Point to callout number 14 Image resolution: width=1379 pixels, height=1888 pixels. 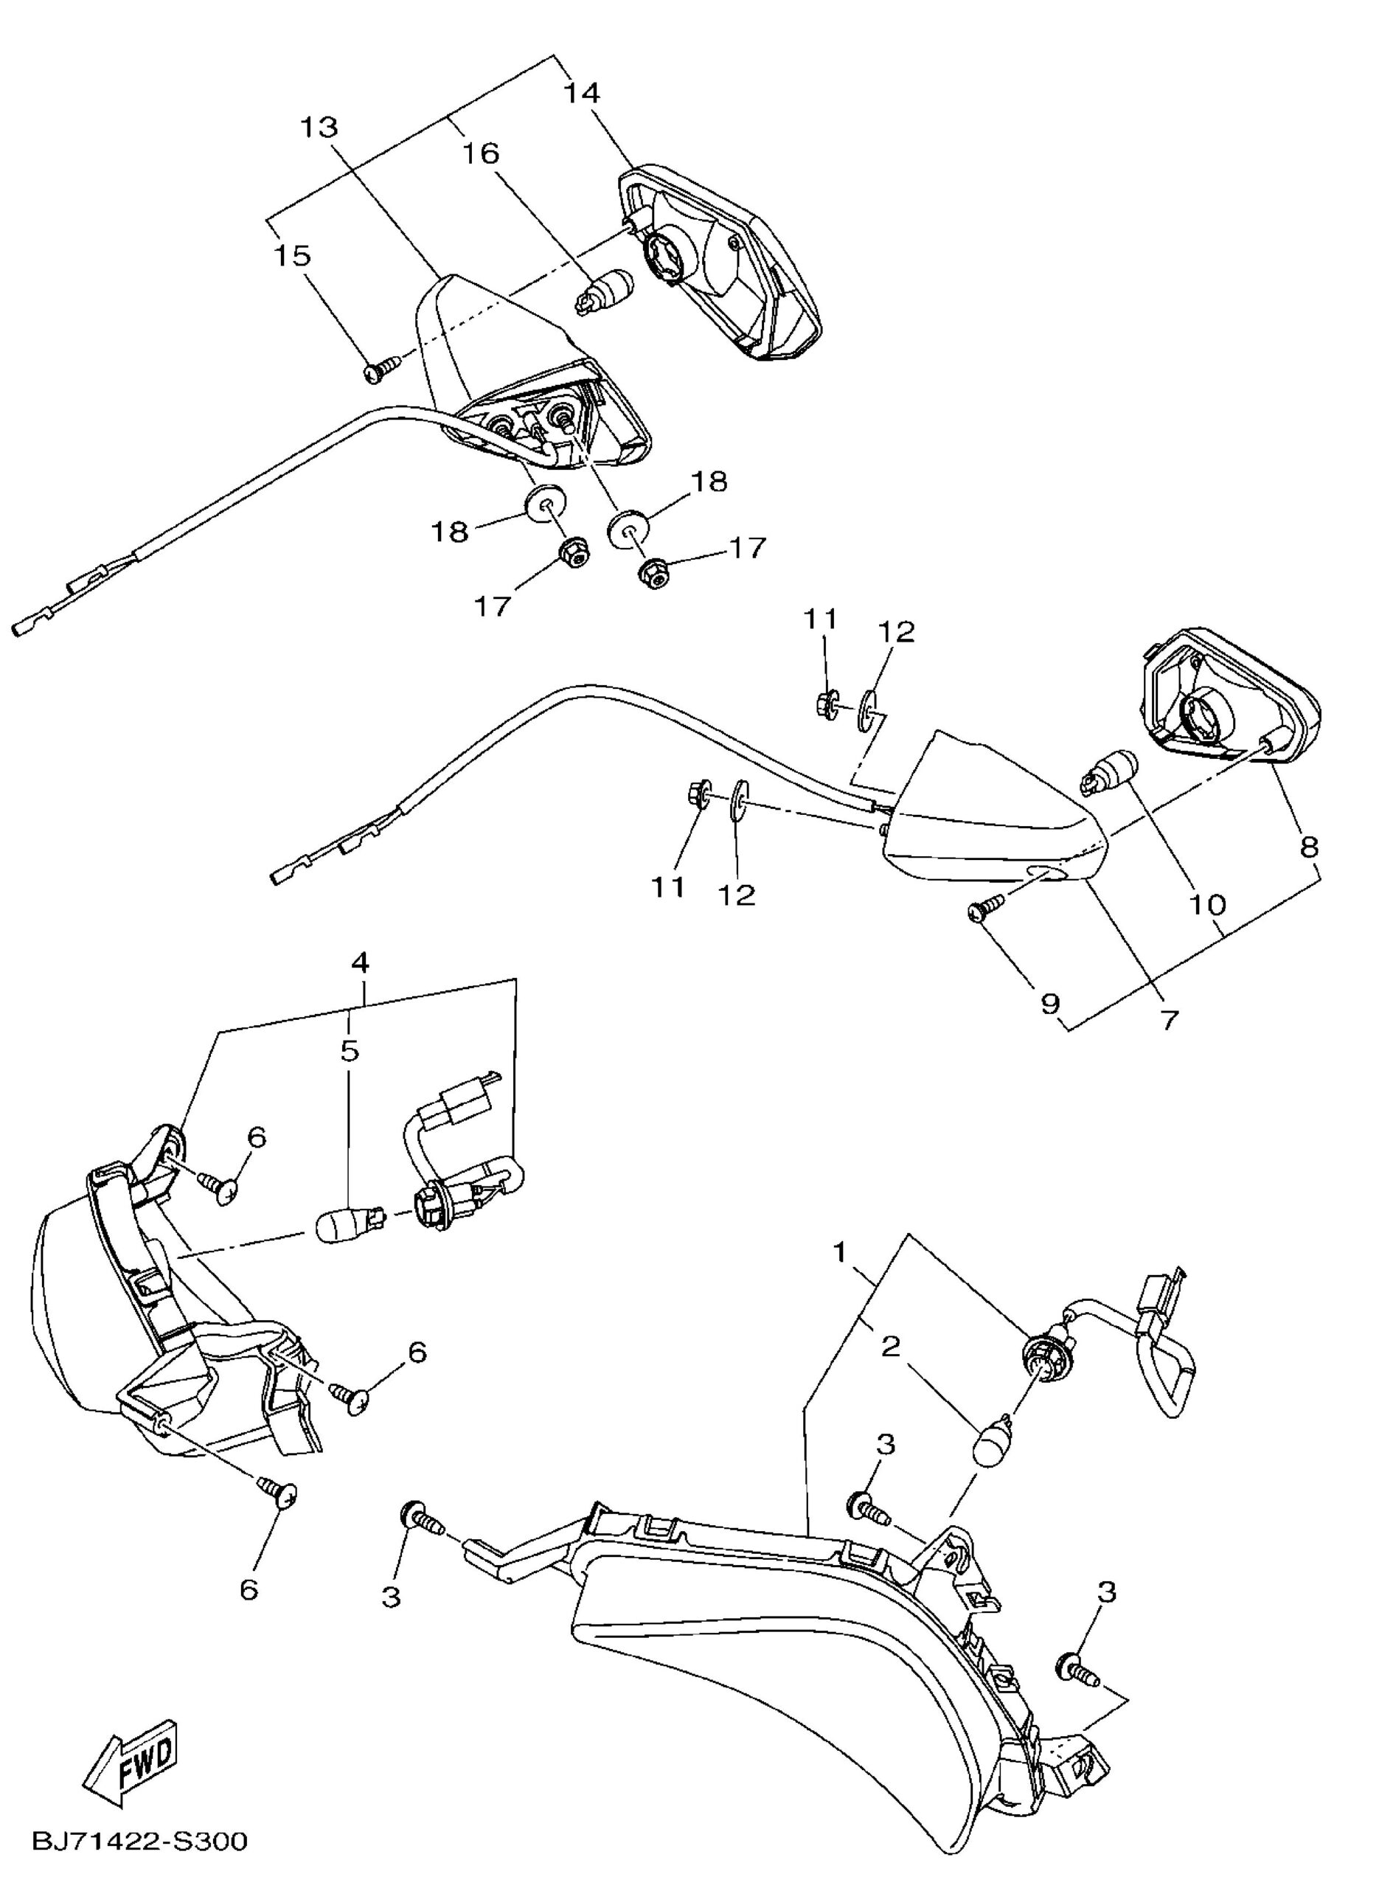pos(581,93)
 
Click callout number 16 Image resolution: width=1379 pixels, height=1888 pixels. pos(482,153)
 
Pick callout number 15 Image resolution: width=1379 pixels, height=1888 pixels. pos(292,255)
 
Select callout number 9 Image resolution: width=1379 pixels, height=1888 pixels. pos(1049,1002)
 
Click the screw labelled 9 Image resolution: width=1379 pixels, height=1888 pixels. pos(986,911)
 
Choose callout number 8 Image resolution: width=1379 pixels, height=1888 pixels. pos(1309,848)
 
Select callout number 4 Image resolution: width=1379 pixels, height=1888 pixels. pos(361,962)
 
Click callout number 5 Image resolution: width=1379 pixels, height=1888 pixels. pos(350,1050)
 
